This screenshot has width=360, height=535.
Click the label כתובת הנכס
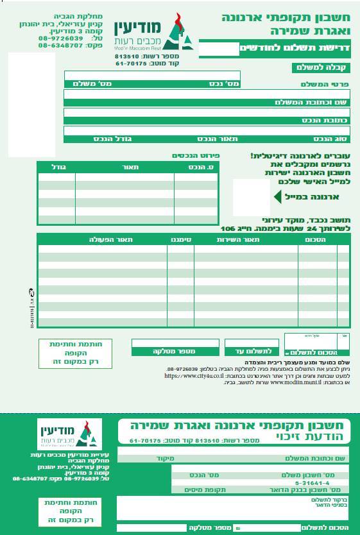(325, 120)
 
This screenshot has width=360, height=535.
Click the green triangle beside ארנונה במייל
(278, 198)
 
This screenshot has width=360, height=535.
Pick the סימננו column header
(180, 239)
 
